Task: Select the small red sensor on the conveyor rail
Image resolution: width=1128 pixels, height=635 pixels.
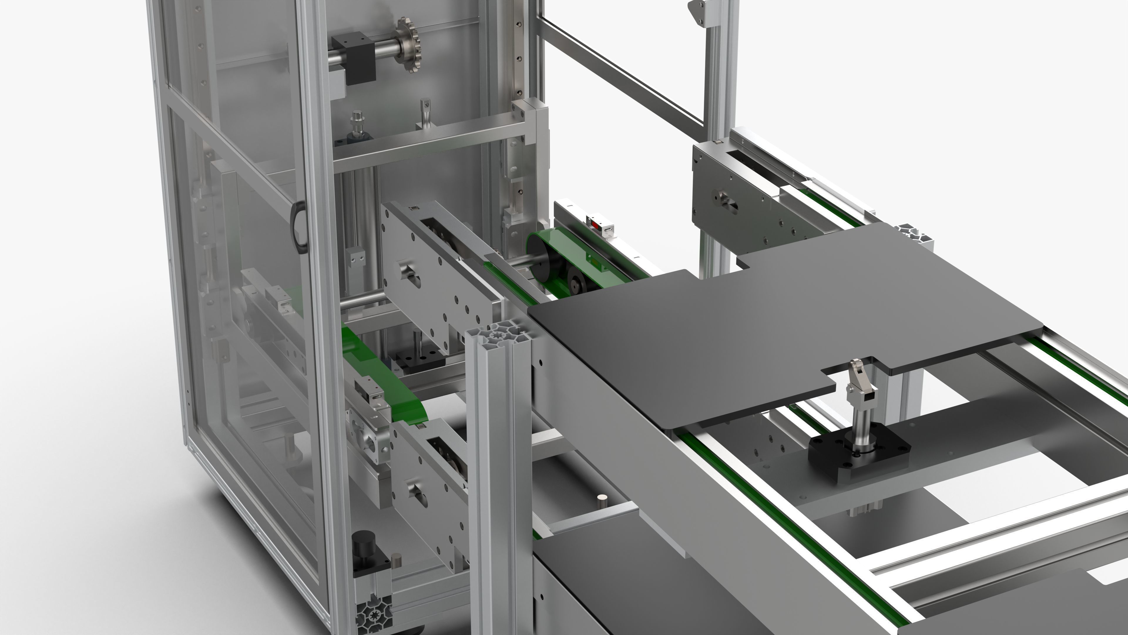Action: click(x=595, y=224)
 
